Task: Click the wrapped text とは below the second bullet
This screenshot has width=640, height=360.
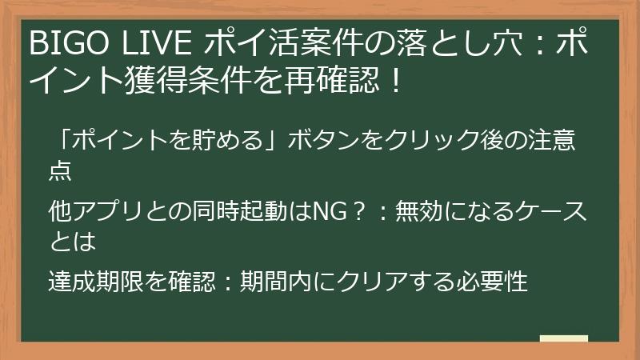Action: (x=73, y=239)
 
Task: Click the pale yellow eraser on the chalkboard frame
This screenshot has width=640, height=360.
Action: (x=565, y=338)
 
